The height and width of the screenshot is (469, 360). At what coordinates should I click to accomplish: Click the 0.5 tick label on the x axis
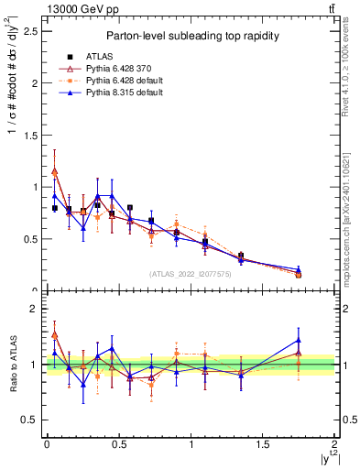pos(118,444)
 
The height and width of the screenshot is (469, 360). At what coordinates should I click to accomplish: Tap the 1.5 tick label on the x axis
pos(263,444)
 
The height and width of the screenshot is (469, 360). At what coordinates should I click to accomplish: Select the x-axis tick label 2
pos(335,444)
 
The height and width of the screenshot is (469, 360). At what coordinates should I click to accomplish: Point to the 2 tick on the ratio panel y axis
pos(33,309)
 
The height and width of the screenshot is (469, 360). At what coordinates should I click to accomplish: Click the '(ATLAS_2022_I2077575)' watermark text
pos(190,273)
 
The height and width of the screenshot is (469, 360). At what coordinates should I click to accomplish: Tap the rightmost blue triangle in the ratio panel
pos(299,340)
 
